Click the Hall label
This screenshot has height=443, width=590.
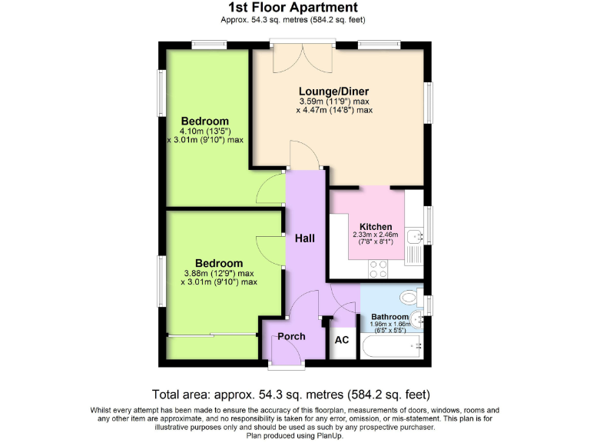pos(306,238)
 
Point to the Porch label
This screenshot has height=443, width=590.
pos(291,336)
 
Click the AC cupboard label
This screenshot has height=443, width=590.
pos(342,339)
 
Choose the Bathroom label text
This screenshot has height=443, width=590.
pos(389,317)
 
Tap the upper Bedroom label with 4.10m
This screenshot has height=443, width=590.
pos(205,122)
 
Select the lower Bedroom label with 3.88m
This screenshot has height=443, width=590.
pos(218,263)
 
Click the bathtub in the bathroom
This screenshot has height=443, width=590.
pos(392,347)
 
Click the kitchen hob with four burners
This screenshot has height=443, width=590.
pos(378,268)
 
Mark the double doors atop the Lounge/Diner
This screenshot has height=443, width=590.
pos(303,57)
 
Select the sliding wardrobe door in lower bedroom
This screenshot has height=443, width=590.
pos(211,335)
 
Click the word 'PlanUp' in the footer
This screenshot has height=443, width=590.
pos(328,435)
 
